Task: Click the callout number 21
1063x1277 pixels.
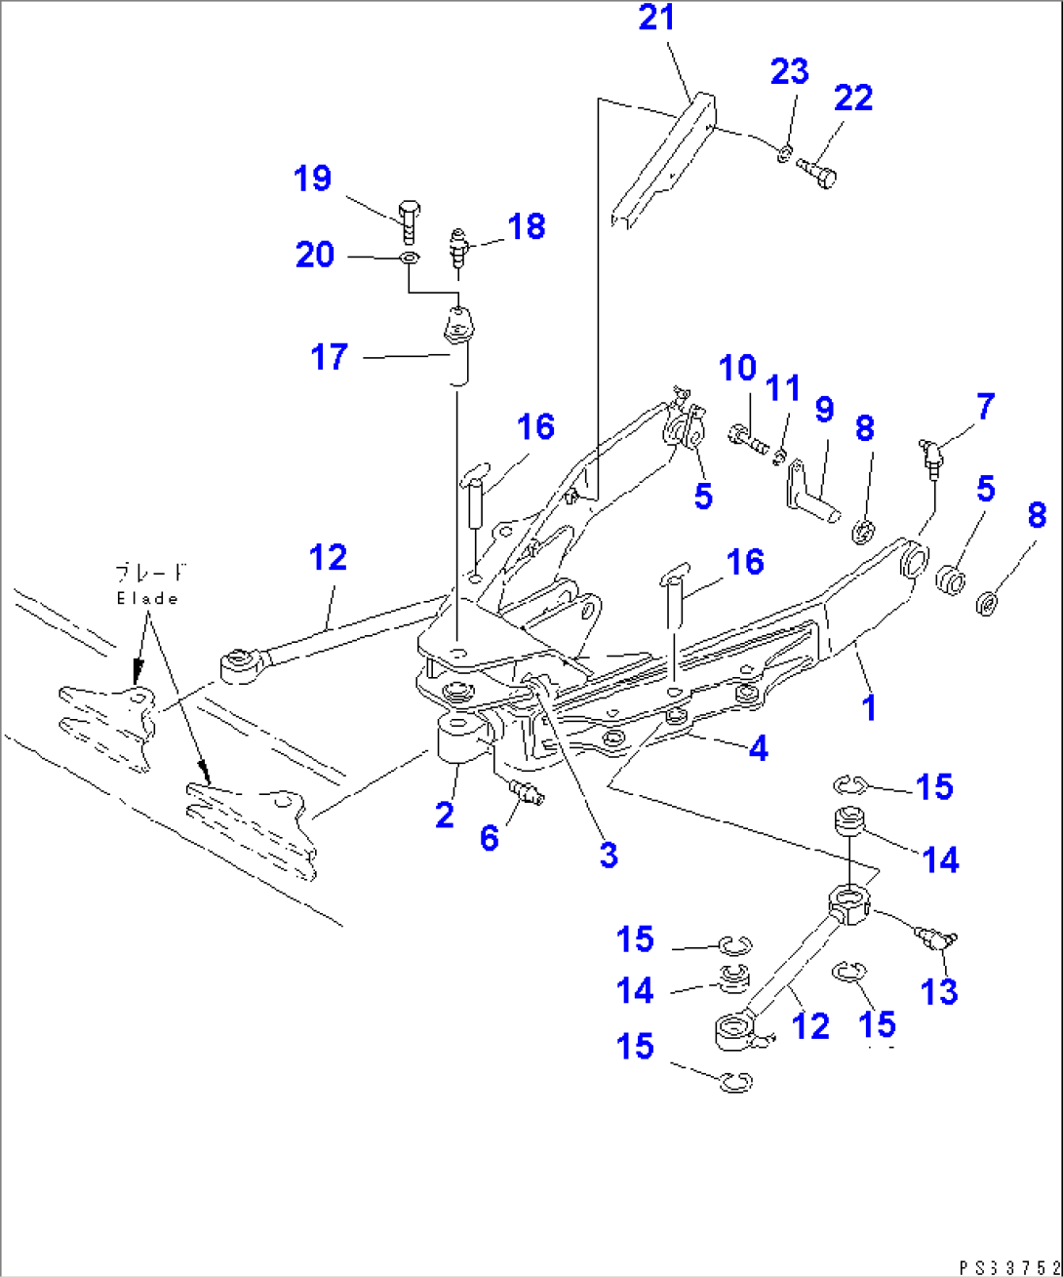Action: point(656,19)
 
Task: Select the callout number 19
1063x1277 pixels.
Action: point(313,179)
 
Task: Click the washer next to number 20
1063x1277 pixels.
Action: point(408,259)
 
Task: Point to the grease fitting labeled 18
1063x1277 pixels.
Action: point(460,250)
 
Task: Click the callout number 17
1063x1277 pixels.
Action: point(329,357)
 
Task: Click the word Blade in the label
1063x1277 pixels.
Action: point(147,599)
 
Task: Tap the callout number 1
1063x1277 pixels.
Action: point(869,707)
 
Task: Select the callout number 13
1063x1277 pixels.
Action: point(939,992)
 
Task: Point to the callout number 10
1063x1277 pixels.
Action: point(737,369)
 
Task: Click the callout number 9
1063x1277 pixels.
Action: point(824,409)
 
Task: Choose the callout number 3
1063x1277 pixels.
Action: point(609,855)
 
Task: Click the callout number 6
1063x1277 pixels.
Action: point(490,836)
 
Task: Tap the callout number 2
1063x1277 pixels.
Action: point(445,815)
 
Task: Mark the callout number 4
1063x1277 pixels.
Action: point(758,748)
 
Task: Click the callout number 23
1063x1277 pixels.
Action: point(789,71)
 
